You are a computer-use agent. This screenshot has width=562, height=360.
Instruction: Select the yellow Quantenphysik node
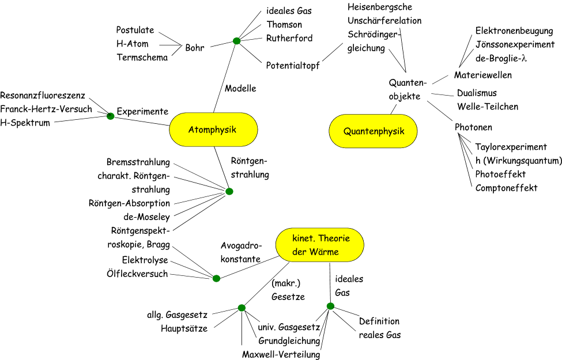click(x=373, y=131)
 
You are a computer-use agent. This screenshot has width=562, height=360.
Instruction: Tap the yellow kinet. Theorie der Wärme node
click(x=319, y=245)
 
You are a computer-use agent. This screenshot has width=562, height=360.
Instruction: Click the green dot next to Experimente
click(x=111, y=116)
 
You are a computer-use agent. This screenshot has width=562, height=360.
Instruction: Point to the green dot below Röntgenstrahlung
click(x=229, y=191)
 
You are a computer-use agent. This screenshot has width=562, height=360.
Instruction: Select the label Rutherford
click(x=289, y=38)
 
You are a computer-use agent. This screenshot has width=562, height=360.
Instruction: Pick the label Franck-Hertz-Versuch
click(x=46, y=109)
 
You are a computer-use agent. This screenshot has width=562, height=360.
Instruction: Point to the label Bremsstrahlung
click(x=138, y=162)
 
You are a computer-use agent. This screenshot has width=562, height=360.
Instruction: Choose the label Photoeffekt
click(x=500, y=173)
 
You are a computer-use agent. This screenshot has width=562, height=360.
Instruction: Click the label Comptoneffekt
click(x=506, y=187)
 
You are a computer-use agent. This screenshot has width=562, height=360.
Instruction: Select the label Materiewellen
click(x=483, y=75)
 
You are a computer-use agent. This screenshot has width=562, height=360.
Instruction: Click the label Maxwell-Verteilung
click(x=281, y=354)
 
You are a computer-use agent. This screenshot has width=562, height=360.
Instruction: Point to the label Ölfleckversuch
click(x=137, y=274)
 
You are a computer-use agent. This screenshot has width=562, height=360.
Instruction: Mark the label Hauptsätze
click(x=184, y=328)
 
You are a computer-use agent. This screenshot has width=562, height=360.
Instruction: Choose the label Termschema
click(x=142, y=57)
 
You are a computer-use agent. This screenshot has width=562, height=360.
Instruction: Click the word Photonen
click(x=473, y=128)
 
